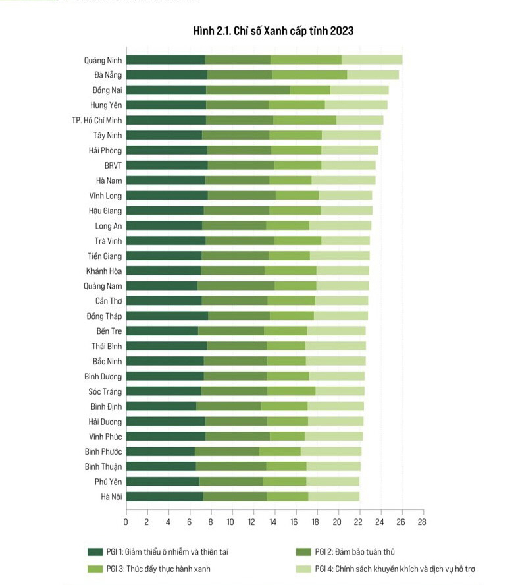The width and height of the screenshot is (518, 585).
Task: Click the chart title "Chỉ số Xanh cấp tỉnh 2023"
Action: [273, 31]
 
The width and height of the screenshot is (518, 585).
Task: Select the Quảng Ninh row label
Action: [103, 60]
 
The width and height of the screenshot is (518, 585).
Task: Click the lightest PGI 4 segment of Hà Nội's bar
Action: [334, 496]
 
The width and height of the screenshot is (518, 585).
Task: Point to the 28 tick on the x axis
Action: [421, 522]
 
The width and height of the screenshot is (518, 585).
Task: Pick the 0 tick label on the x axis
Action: [126, 522]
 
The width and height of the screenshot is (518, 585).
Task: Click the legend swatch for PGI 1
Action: [95, 551]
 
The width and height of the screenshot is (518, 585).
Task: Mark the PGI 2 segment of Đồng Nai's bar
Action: [248, 90]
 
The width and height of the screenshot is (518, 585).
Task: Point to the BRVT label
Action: [113, 165]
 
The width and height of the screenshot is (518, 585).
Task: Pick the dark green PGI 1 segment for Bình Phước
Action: [160, 451]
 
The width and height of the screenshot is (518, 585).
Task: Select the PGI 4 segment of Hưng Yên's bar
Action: [356, 105]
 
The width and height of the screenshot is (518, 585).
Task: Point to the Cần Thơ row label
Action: [107, 300]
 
